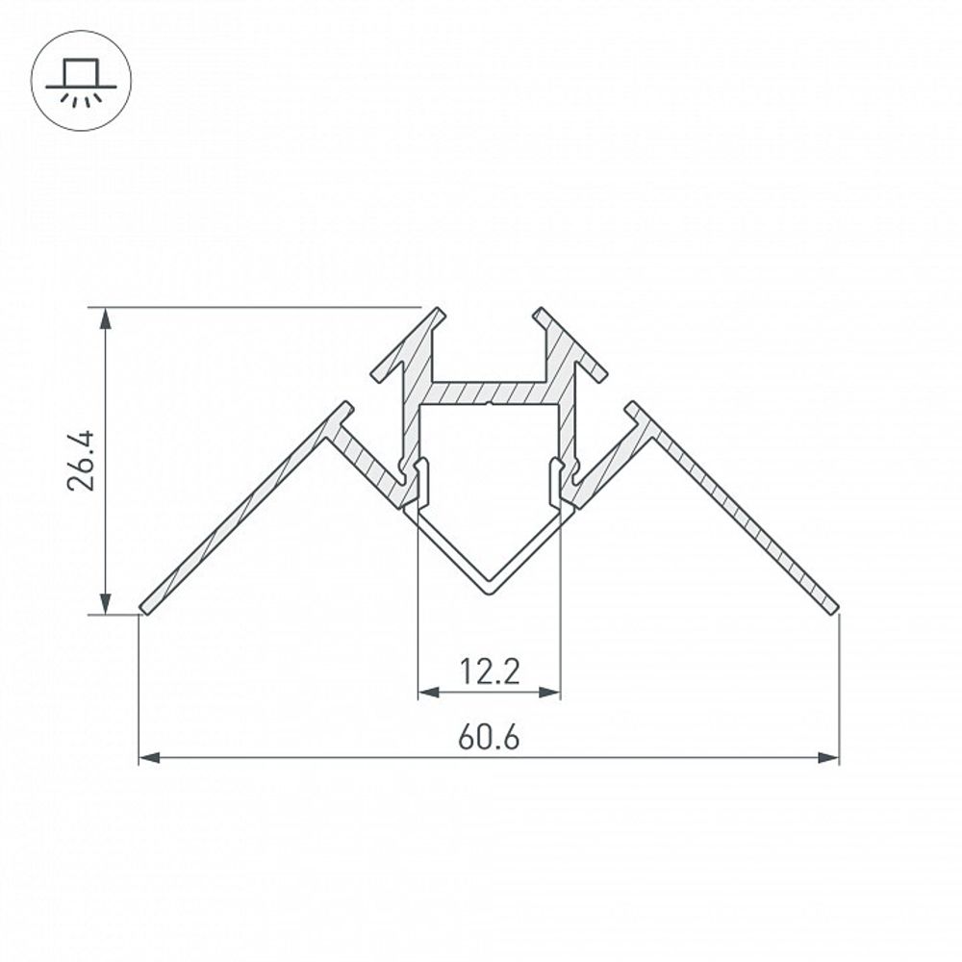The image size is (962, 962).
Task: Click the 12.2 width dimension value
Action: coord(489,671)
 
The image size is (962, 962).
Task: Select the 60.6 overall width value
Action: coord(489,738)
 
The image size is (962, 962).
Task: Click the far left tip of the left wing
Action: coord(144,608)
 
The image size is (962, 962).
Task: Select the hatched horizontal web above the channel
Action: coord(489,392)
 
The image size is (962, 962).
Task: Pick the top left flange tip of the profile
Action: coord(439,313)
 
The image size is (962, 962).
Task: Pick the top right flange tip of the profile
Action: coord(539,313)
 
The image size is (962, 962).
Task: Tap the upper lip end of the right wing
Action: coord(631,406)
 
